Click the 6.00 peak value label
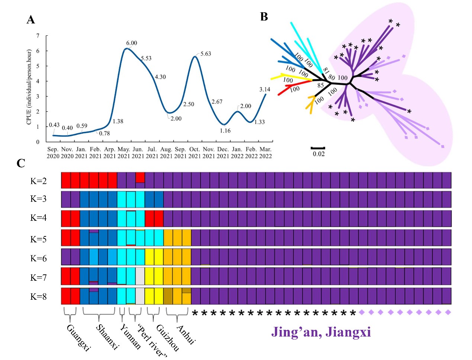(132, 43)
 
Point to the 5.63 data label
(206, 54)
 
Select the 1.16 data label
(225, 131)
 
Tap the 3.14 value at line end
(265, 89)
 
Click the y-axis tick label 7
(38, 36)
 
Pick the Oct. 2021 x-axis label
(195, 153)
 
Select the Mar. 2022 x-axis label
(266, 153)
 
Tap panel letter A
(31, 20)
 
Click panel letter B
(264, 17)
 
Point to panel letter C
(21, 163)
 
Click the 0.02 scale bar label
(318, 154)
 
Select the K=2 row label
(38, 181)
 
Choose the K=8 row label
(38, 297)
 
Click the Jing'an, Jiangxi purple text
(321, 332)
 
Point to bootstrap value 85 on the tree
(321, 85)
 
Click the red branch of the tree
(294, 87)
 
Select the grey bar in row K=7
(140, 276)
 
